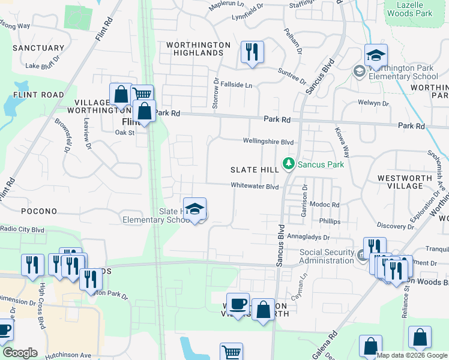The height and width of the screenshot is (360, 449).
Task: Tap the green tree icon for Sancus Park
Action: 289,163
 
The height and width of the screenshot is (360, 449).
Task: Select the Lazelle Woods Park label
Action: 410,8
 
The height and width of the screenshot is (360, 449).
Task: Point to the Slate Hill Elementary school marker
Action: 194,209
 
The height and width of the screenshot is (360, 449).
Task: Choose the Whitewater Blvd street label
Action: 255,186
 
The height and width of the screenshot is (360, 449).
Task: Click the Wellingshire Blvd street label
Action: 268,142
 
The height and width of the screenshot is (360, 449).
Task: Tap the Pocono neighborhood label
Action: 38,211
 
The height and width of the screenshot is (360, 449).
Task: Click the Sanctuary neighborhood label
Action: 38,48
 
